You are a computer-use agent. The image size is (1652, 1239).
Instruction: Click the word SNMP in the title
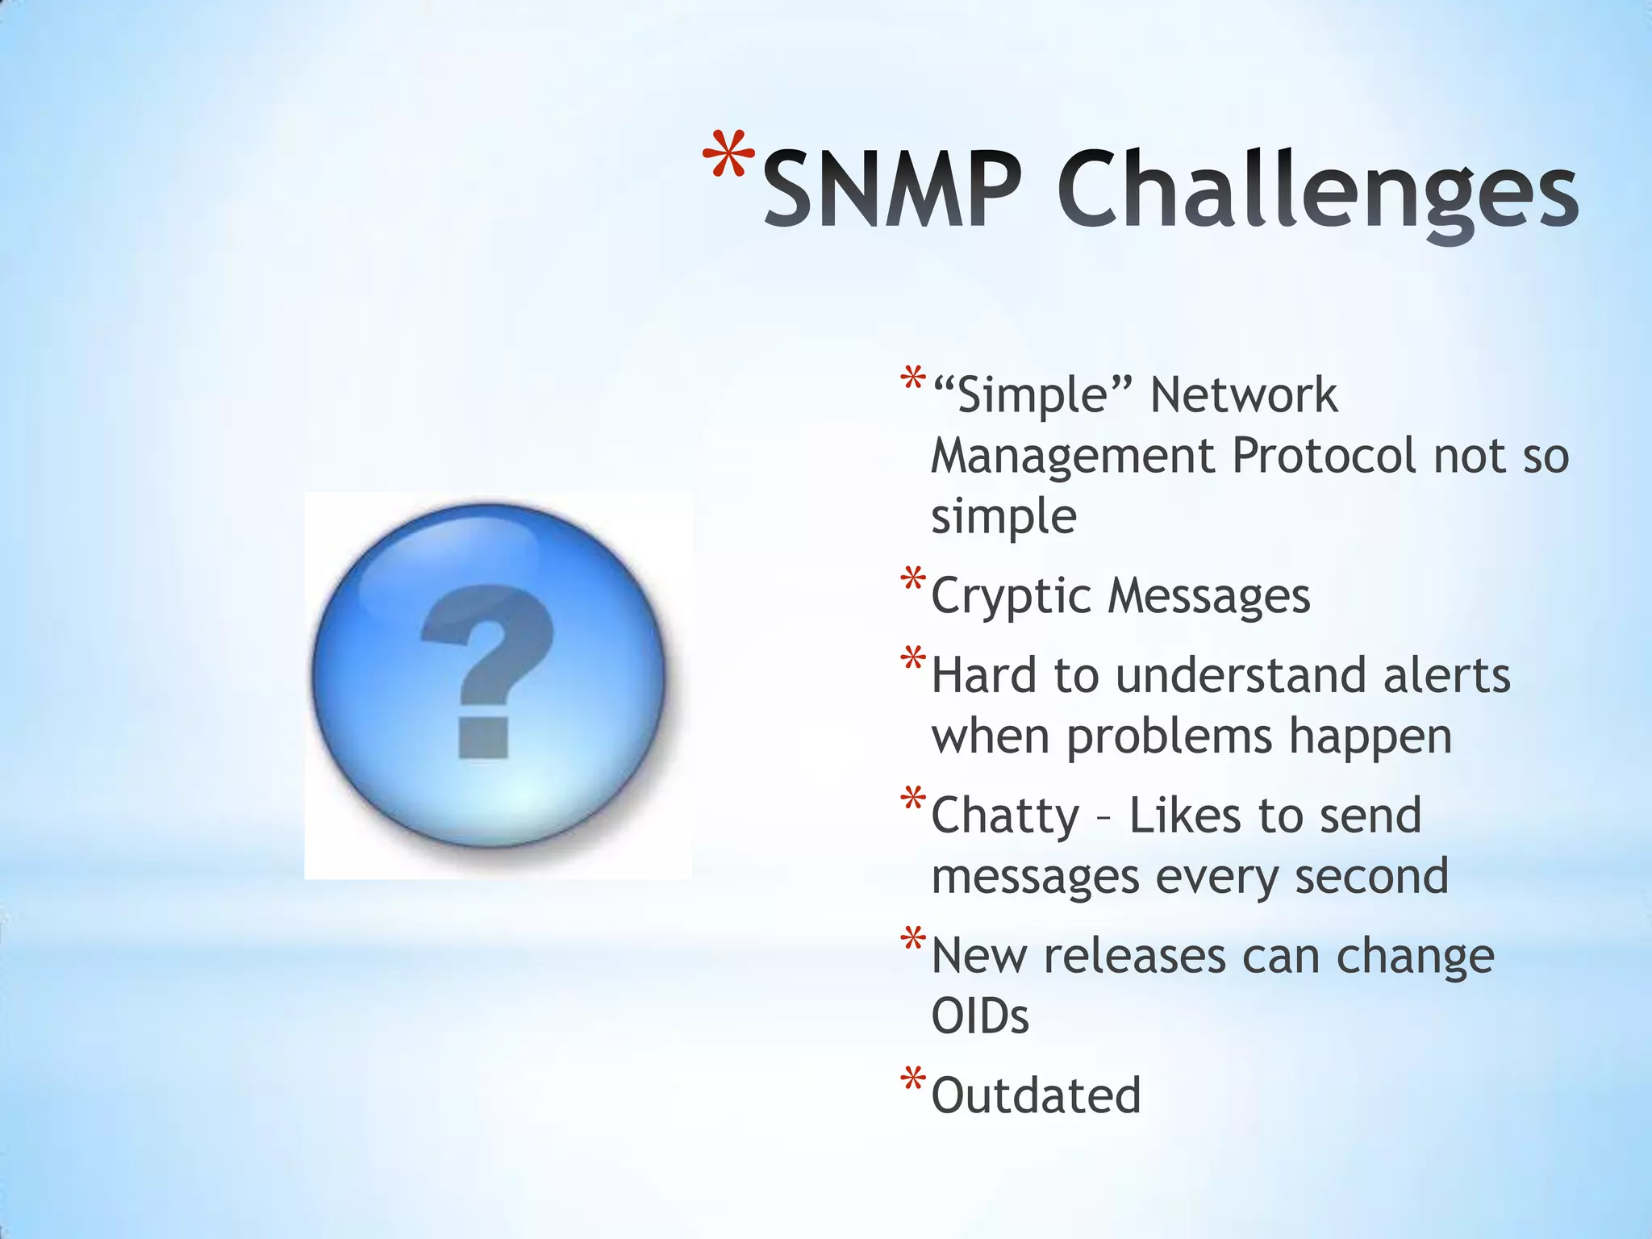(x=892, y=190)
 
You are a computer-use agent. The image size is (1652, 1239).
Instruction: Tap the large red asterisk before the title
(x=728, y=156)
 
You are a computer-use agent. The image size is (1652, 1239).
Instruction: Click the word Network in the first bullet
(x=1243, y=395)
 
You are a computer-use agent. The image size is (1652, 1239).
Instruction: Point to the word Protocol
(x=1323, y=457)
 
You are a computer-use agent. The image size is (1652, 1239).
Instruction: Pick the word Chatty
(x=1004, y=816)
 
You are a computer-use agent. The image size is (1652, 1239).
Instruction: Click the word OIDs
(x=979, y=1016)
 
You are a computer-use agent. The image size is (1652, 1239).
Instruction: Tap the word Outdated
(x=1036, y=1096)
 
